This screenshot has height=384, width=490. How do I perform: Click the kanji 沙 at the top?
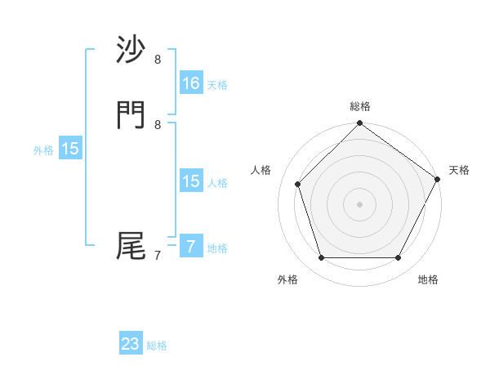131,51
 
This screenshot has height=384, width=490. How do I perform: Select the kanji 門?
131,117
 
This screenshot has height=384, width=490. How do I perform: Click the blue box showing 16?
190,83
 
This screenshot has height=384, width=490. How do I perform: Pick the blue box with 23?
131,344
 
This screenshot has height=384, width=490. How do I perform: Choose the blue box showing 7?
190,246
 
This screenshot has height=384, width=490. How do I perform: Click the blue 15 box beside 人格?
190,181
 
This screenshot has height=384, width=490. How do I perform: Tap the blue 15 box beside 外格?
70,149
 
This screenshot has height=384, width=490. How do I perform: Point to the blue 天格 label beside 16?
217,85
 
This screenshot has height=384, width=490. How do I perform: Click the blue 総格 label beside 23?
157,346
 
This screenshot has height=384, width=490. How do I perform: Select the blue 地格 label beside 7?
217,248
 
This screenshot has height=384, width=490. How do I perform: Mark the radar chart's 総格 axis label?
360,106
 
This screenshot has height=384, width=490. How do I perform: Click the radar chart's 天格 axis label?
459,170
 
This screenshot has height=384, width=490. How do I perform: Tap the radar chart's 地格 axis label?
428,279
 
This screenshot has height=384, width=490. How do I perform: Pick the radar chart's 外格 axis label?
287,279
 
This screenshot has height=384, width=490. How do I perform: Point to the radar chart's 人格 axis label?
261,170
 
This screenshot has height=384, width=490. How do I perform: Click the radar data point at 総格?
359,123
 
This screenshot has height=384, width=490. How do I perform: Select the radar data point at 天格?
438,179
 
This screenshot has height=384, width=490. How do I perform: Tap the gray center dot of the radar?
359,203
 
